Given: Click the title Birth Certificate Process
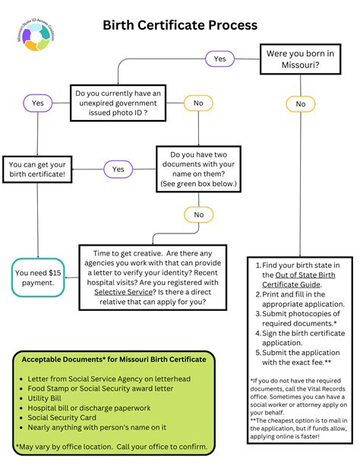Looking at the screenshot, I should (x=180, y=25).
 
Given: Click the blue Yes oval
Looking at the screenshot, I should (x=220, y=58).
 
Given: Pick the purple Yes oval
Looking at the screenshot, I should (x=38, y=102).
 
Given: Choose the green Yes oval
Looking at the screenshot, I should (x=118, y=169).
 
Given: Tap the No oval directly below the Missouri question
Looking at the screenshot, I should (x=301, y=104).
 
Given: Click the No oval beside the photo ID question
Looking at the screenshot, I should (x=198, y=102).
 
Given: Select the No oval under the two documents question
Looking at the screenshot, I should (x=198, y=215).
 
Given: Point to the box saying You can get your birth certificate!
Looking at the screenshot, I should (x=37, y=170).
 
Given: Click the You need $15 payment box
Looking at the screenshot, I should (x=38, y=277).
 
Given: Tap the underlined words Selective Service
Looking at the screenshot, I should (x=121, y=291).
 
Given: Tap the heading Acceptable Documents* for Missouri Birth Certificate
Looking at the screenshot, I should (x=113, y=359).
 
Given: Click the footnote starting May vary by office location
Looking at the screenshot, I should (x=112, y=446).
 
